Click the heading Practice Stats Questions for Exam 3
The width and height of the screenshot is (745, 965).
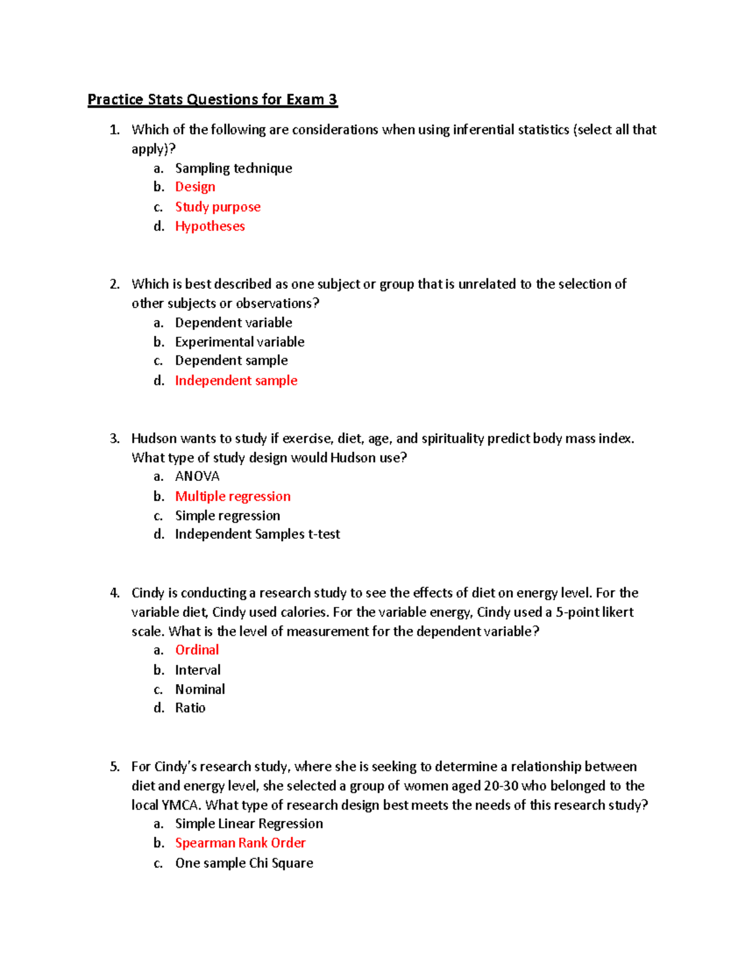(x=212, y=99)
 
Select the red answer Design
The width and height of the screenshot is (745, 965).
(x=195, y=187)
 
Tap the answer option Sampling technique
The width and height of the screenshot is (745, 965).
(x=233, y=168)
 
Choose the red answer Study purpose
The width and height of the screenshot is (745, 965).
(x=217, y=207)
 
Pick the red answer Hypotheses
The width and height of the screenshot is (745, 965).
(x=210, y=226)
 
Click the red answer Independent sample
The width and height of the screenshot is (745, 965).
(x=236, y=380)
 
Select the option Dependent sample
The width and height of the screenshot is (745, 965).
(x=231, y=360)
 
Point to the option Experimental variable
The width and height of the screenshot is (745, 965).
(x=240, y=342)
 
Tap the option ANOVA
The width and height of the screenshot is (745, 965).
(x=197, y=477)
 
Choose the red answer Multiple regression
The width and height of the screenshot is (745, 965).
(x=233, y=496)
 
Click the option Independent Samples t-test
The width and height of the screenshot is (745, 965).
(x=257, y=534)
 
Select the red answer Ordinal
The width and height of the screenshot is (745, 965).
(x=197, y=650)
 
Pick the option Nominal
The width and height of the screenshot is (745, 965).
(x=200, y=689)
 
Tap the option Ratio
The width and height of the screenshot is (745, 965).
(x=190, y=708)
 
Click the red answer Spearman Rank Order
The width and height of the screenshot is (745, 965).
(x=240, y=843)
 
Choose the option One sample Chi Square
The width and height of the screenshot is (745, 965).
(x=244, y=863)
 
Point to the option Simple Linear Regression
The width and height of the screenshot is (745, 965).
(x=249, y=824)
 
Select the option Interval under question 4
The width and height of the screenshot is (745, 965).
(x=197, y=670)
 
